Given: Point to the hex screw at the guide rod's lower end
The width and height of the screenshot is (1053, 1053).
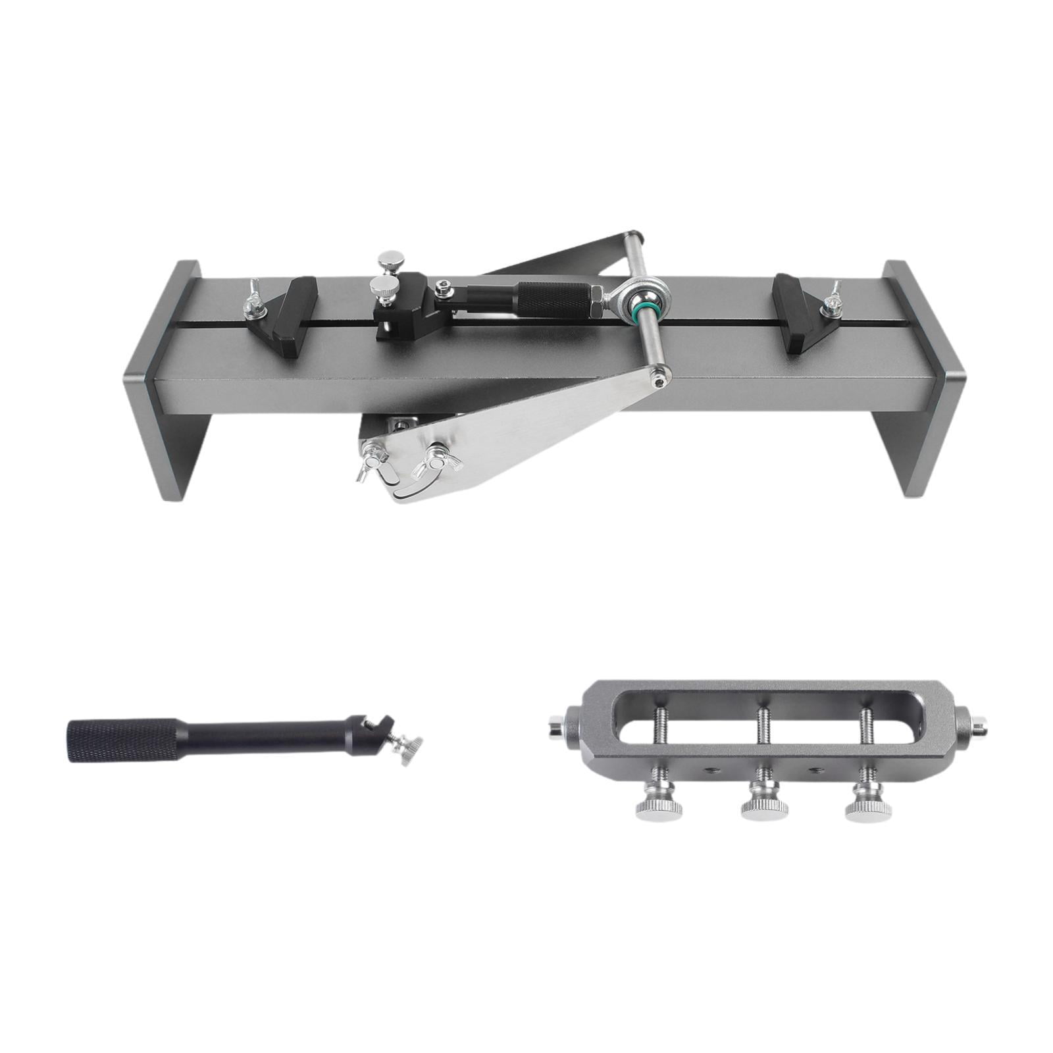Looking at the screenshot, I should click(x=661, y=378).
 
